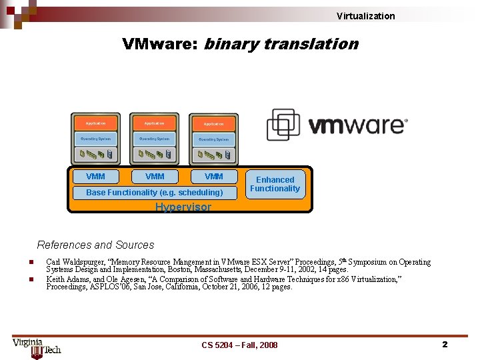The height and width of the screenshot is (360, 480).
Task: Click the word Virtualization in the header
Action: [x=365, y=16]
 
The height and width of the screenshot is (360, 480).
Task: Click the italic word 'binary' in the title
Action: [x=231, y=45]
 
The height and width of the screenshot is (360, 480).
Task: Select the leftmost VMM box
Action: [x=95, y=177]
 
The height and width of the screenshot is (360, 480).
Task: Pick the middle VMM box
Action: [x=155, y=177]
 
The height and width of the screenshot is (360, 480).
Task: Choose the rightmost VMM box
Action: [x=213, y=177]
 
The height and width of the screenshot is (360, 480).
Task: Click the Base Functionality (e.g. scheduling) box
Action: [x=155, y=193]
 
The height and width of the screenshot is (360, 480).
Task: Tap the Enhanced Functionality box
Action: [x=275, y=184]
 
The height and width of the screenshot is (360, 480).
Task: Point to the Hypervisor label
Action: [x=183, y=207]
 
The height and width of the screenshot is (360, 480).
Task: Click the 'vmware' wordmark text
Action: [x=357, y=125]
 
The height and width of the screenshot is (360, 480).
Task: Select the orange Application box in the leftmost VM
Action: [x=95, y=123]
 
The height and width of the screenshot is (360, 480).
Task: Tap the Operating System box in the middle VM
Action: [x=154, y=139]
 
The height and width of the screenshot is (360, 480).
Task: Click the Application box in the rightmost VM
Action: [x=213, y=124]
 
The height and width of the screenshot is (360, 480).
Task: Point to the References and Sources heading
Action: [x=95, y=245]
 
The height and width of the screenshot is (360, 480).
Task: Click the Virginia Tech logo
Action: [x=37, y=347]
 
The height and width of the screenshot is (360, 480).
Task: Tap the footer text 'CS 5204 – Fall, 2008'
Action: [x=239, y=345]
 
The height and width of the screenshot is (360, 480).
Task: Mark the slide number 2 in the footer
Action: [x=444, y=344]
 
